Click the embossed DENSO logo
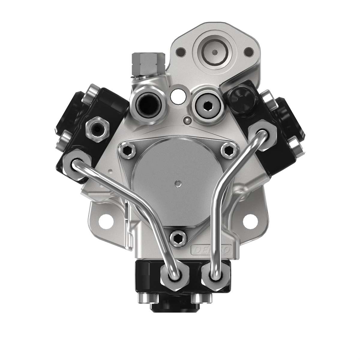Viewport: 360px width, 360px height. tap(212, 249)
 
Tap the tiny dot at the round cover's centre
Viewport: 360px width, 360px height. tap(179, 182)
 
